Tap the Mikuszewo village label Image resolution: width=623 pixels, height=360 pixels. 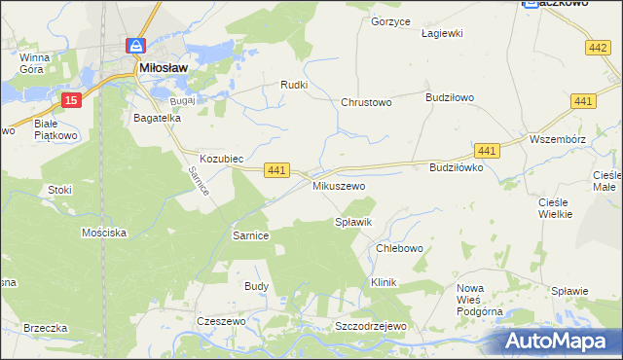(338, 185)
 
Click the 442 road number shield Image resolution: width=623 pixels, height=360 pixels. (599, 47)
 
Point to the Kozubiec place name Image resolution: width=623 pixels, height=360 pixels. (220, 158)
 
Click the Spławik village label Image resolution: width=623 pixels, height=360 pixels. (353, 223)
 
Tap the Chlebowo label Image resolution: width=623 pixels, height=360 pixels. (399, 248)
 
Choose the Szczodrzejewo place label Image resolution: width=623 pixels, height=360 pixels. (369, 326)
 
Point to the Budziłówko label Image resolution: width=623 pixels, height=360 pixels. (457, 167)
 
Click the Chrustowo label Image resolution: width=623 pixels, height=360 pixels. (365, 102)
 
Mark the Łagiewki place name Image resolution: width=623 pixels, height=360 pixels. (441, 32)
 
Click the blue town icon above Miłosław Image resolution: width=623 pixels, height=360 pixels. (136, 46)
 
